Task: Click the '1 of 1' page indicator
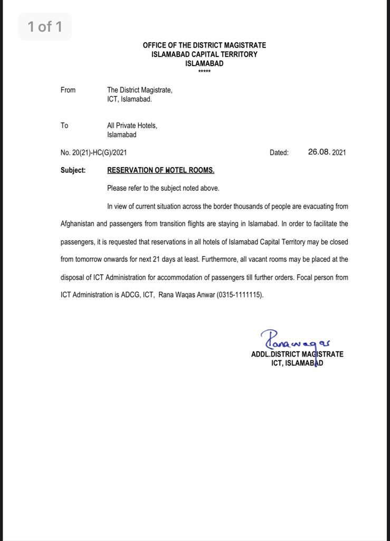45,26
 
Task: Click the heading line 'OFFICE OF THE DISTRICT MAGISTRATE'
204,45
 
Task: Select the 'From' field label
68,90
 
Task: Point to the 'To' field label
64,126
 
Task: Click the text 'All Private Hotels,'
132,126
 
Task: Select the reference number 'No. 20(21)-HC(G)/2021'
93,153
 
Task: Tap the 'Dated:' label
279,153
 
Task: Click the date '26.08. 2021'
327,152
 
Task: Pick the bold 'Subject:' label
73,170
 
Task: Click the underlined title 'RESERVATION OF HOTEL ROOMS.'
160,170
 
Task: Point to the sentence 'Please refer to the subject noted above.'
163,188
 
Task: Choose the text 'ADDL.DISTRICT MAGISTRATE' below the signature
297,354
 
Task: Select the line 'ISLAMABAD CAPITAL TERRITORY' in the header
204,54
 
